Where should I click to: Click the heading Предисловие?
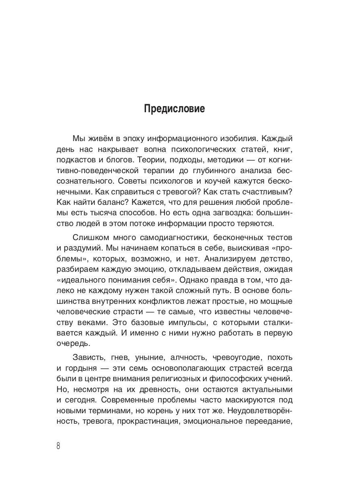[x=174, y=109]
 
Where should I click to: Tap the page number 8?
[x=59, y=446]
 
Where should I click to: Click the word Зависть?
[x=88, y=357]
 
